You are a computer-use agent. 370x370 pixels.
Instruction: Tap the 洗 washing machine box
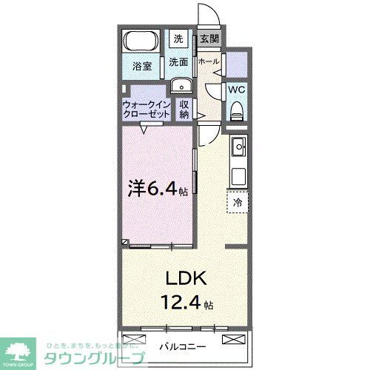click(x=179, y=38)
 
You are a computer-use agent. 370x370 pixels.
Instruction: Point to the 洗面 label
click(x=178, y=62)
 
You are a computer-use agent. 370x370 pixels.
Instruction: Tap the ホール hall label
click(x=209, y=61)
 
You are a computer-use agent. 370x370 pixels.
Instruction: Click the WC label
click(x=237, y=90)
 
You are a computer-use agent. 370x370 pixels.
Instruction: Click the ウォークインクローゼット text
click(x=147, y=110)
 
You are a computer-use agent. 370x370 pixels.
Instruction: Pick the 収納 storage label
click(x=185, y=110)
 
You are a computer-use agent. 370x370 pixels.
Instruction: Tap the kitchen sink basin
click(x=239, y=149)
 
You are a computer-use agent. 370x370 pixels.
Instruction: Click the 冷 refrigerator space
click(x=238, y=201)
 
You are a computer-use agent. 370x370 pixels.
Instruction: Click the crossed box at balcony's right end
click(x=233, y=339)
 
